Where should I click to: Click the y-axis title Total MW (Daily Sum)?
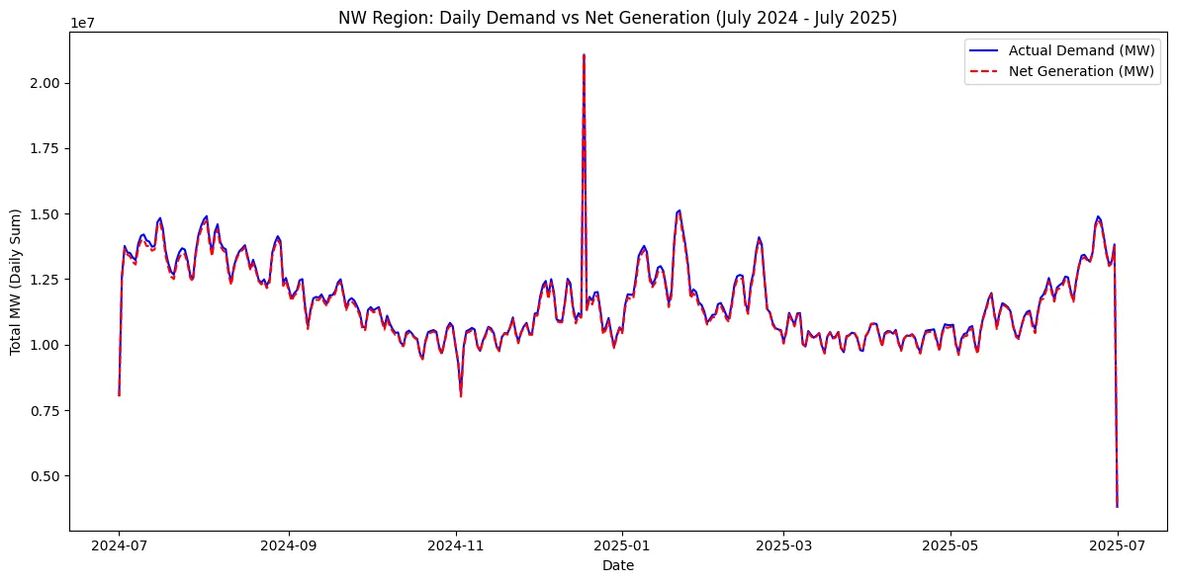coord(16,283)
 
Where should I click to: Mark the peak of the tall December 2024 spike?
coord(584,55)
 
